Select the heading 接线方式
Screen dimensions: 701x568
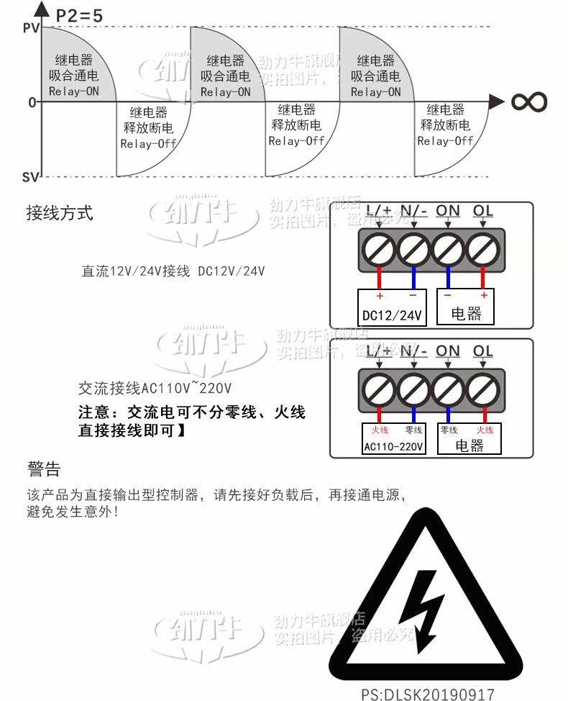coord(60,213)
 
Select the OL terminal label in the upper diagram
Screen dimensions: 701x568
coord(483,211)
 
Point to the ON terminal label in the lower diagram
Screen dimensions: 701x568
coord(448,351)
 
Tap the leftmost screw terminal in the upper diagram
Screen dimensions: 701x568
coord(380,250)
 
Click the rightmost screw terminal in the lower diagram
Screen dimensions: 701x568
coord(483,389)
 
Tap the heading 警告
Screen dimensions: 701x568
coord(44,470)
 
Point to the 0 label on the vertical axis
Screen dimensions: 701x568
coord(32,102)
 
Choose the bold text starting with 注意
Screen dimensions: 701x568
coord(192,422)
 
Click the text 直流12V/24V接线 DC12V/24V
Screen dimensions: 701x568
coord(173,271)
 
